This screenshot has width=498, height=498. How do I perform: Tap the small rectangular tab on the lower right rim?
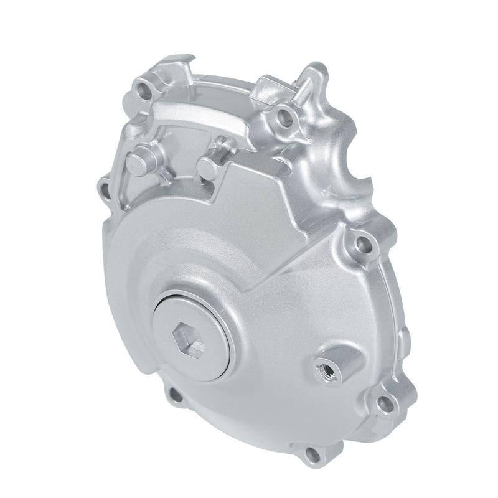point(403,340)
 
